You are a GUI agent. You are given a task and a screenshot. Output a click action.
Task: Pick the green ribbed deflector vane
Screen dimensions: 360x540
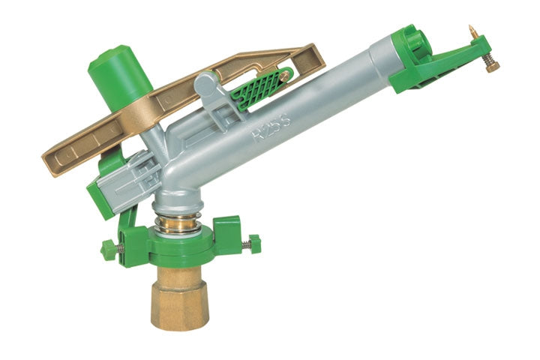point(258,88)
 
